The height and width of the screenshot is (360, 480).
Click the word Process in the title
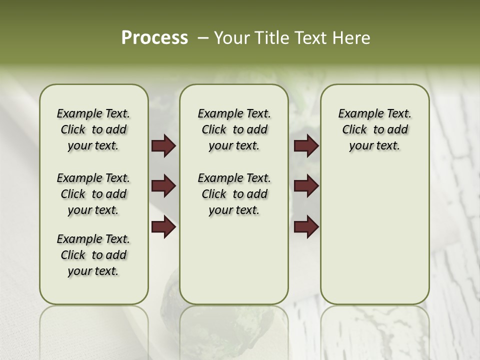click(x=154, y=38)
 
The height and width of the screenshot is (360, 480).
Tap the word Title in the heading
click(x=272, y=38)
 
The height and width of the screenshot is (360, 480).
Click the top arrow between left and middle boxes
click(x=163, y=145)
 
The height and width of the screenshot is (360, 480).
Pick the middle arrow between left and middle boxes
click(x=163, y=186)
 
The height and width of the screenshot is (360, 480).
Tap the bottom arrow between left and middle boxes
click(x=163, y=227)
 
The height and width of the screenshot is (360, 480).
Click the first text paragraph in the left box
click(x=93, y=129)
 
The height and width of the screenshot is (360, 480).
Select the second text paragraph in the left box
click(x=93, y=194)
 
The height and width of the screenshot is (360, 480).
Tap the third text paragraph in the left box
click(x=93, y=255)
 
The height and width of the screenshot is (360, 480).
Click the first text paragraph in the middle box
click(x=234, y=129)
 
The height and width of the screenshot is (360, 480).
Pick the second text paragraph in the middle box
click(x=234, y=194)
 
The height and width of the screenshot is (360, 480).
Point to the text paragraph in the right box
click(x=374, y=129)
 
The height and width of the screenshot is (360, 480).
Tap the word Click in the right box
click(x=354, y=130)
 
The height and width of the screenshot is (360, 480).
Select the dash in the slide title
click(x=203, y=38)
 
